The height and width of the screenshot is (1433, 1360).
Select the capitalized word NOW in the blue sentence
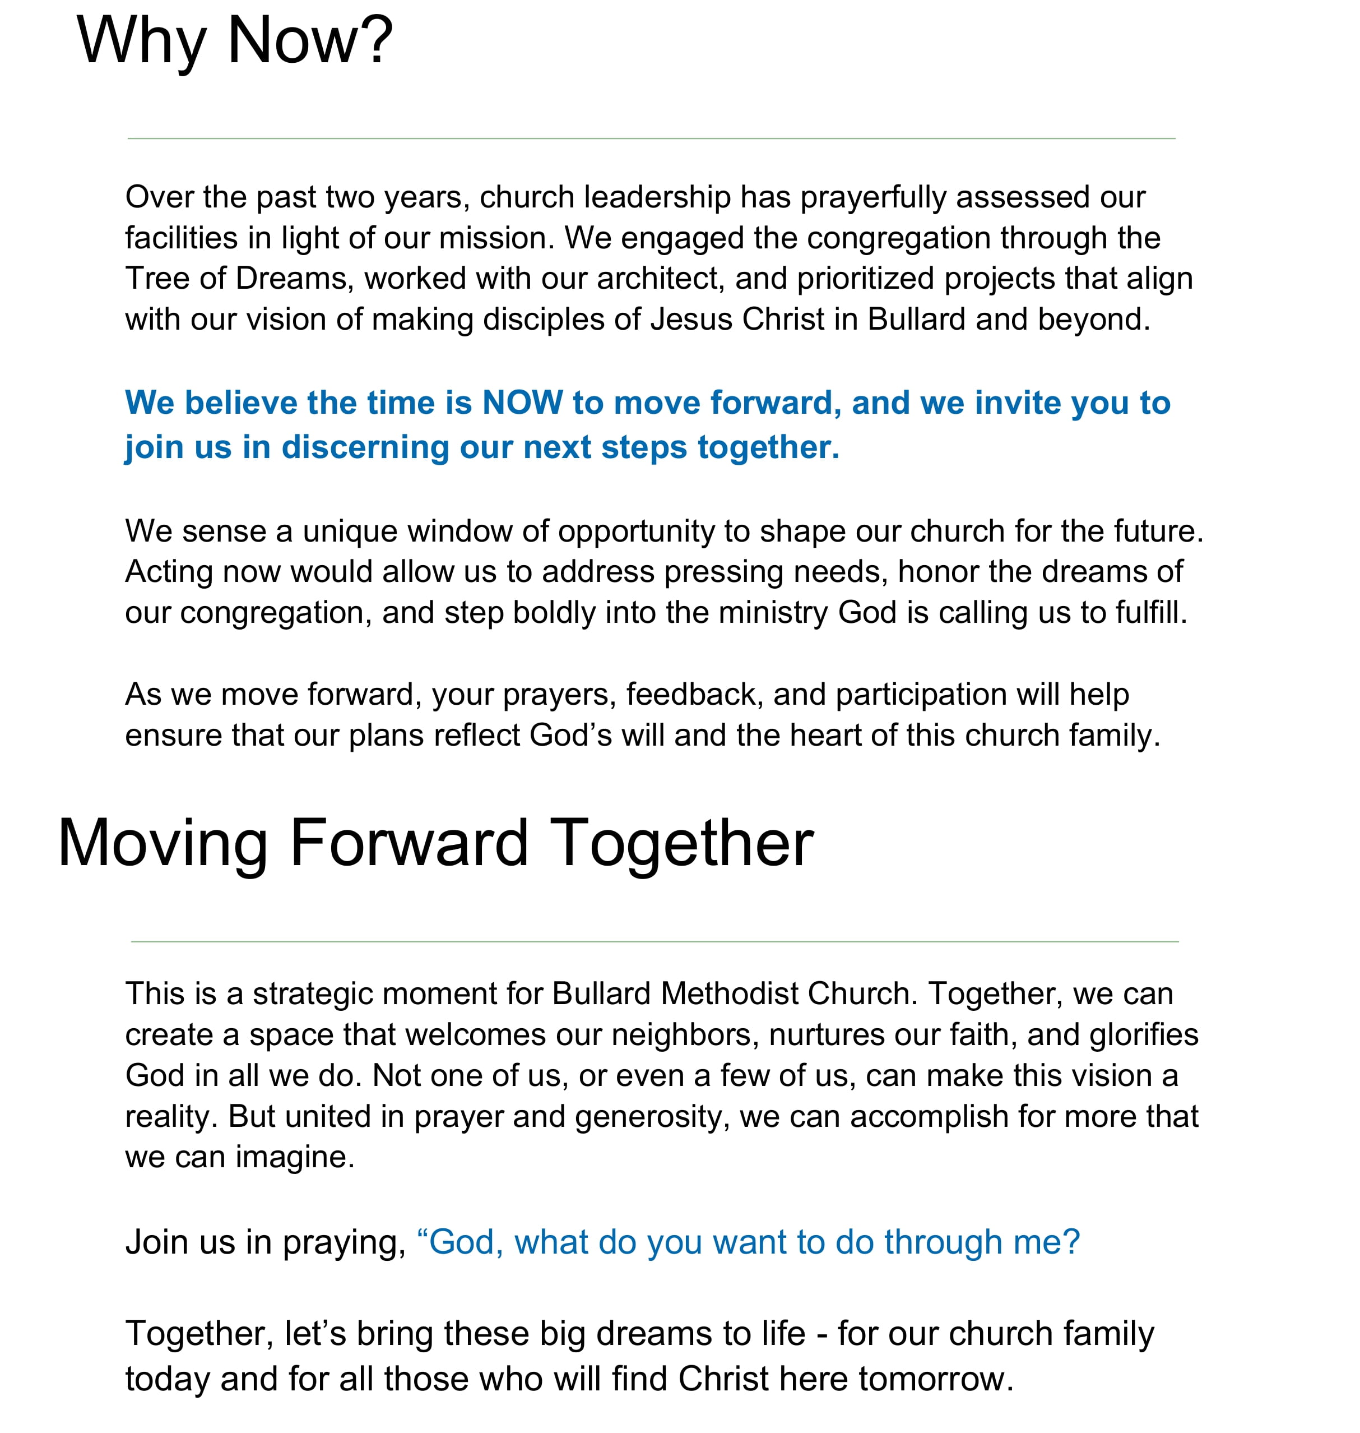[523, 403]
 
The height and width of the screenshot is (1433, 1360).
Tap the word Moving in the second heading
[163, 843]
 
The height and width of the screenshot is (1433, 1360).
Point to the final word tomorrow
[935, 1379]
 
